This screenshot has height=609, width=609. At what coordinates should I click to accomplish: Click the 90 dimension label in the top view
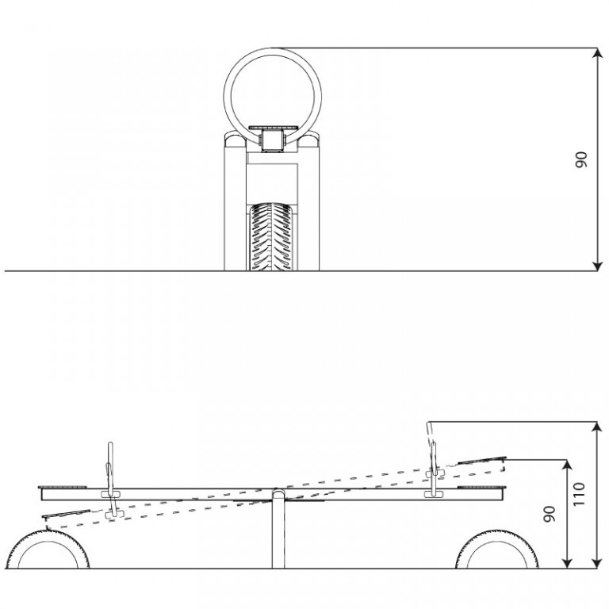[x=581, y=159]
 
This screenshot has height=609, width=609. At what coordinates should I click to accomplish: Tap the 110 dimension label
[x=579, y=494]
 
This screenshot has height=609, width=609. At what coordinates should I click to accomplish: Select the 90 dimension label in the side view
[x=550, y=514]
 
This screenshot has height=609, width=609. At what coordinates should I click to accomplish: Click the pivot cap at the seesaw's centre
[x=278, y=494]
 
